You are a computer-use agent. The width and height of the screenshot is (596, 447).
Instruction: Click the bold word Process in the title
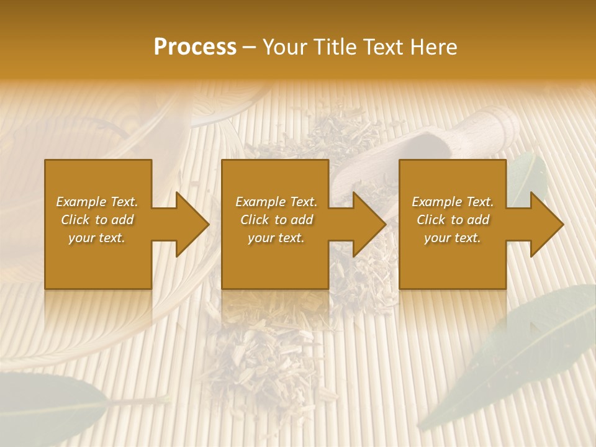195,47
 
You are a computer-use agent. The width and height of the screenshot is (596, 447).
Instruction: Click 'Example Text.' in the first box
97,202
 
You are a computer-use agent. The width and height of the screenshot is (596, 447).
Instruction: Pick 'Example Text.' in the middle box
276,202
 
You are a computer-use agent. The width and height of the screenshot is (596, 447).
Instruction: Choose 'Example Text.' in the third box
453,202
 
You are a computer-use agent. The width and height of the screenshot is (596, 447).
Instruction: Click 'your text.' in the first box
97,238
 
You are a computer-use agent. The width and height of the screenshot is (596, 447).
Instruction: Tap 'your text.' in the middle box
276,238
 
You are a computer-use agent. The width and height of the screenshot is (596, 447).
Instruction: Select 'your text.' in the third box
453,238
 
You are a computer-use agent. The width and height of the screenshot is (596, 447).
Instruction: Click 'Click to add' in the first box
97,220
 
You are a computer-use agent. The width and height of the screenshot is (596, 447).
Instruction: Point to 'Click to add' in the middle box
276,220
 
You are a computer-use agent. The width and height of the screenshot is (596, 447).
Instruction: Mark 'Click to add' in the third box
453,220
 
